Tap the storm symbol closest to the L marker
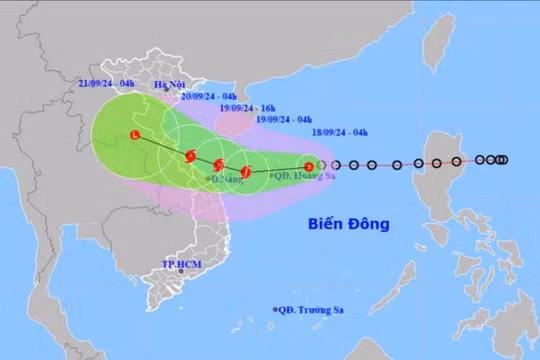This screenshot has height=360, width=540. point(189,155)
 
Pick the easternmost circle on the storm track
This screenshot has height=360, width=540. point(501,159)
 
